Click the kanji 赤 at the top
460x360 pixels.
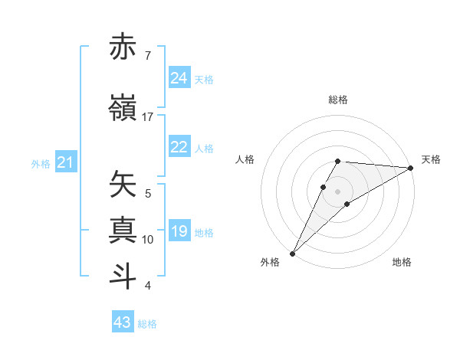click(123, 47)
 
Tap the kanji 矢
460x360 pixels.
click(123, 185)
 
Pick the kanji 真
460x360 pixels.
click(123, 231)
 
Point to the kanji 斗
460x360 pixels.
click(123, 276)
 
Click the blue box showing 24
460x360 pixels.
click(179, 78)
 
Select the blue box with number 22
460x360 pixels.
click(179, 147)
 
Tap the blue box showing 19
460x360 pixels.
click(179, 231)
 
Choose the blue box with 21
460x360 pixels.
click(65, 162)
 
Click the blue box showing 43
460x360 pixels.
click(123, 322)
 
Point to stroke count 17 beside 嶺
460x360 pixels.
click(148, 116)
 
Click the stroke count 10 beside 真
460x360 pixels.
click(148, 240)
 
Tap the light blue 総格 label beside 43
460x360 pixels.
click(147, 324)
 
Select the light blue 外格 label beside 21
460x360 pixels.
click(41, 164)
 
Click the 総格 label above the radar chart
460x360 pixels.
click(338, 100)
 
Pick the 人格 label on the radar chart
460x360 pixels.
click(245, 159)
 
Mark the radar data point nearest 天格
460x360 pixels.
click(411, 168)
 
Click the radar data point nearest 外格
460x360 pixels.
click(292, 253)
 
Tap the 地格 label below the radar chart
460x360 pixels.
click(402, 263)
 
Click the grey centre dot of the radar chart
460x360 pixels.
click(338, 190)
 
